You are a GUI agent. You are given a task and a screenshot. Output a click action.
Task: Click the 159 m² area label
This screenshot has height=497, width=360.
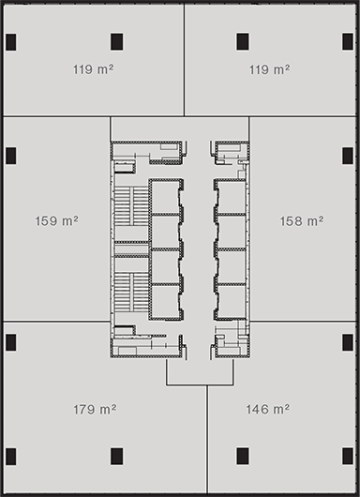57,220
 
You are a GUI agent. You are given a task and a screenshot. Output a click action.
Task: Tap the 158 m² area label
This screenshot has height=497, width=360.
301,221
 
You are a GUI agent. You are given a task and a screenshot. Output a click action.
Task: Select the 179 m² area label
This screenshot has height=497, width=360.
95,409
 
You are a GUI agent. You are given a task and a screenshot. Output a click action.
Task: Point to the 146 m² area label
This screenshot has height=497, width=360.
268,409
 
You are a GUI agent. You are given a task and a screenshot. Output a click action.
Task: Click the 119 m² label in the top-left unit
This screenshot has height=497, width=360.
93,68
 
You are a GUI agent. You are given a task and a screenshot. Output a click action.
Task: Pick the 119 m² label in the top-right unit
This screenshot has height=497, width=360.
269,69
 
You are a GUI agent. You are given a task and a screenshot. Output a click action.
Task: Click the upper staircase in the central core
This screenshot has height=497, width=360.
131,206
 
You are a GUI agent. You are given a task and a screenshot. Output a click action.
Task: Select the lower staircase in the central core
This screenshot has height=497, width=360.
131,293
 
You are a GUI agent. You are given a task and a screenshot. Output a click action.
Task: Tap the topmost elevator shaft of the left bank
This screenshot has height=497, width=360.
165,197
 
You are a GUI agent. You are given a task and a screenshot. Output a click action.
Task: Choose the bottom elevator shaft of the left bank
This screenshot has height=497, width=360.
165,301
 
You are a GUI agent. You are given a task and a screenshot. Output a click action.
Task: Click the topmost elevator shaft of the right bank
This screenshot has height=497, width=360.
232,197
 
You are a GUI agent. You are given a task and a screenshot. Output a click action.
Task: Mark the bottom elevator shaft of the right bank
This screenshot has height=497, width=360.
232,301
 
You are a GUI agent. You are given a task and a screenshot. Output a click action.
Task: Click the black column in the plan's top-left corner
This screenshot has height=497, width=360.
10,42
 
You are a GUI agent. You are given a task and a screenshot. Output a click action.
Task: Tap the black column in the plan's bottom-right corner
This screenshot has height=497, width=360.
348,456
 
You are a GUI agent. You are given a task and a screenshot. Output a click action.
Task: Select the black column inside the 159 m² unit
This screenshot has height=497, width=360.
10,156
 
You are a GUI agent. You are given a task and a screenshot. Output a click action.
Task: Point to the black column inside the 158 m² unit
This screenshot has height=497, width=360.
348,156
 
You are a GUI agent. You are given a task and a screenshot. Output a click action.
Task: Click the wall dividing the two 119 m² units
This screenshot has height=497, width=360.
184,60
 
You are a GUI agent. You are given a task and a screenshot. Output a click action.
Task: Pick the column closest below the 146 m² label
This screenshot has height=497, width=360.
243,456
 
